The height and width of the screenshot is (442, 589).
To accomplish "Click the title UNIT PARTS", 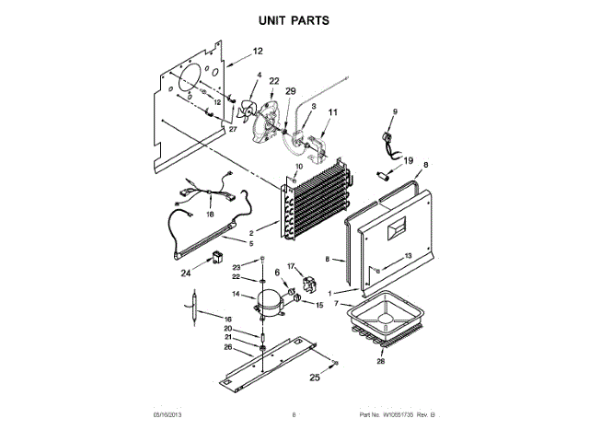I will click(x=294, y=19).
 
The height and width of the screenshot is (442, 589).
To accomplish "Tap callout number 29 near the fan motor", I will click(x=291, y=92).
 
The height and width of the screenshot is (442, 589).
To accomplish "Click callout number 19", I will click(x=408, y=160).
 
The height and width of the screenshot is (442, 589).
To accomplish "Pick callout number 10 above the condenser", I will click(x=298, y=167).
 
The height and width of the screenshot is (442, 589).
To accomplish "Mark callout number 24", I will click(x=185, y=272).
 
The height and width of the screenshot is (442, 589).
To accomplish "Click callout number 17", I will click(x=290, y=267).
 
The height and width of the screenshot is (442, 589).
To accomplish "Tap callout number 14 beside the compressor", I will click(x=237, y=295).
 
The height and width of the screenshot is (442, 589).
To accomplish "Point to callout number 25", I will click(x=315, y=378).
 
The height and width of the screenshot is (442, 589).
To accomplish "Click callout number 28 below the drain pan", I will click(x=379, y=361).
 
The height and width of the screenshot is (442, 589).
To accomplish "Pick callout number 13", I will click(x=407, y=256).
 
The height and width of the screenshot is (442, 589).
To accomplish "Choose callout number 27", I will click(x=233, y=130).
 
